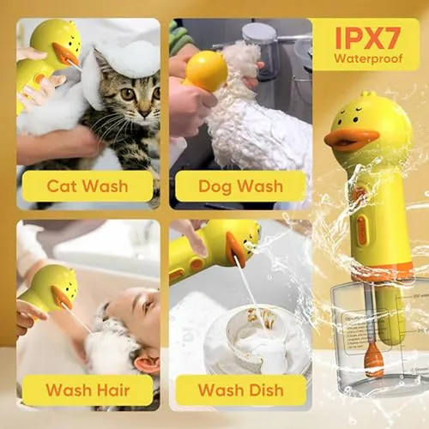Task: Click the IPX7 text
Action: (368, 38)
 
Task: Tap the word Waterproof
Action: (368, 58)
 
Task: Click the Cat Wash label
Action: (88, 186)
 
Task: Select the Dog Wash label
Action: (240, 186)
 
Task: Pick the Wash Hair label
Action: (88, 390)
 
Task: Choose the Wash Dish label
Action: (240, 390)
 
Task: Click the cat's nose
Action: (145, 112)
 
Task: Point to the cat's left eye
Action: (128, 94)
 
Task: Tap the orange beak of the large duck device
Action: (347, 139)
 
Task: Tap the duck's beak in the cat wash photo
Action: (65, 54)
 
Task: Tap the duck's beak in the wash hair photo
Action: (61, 297)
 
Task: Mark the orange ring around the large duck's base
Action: (384, 271)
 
